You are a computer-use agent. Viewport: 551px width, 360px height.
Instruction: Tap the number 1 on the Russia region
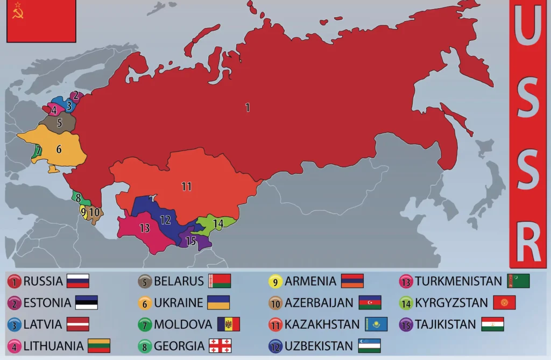[x=248, y=108]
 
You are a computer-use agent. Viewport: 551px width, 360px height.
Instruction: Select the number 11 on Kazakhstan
[x=187, y=187]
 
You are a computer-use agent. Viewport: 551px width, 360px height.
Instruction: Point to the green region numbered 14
[x=217, y=223]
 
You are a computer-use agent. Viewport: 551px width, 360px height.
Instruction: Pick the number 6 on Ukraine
[x=59, y=149]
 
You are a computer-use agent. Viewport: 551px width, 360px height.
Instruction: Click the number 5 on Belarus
[x=59, y=123]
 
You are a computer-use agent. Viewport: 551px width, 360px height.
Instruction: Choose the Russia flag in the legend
[x=78, y=281]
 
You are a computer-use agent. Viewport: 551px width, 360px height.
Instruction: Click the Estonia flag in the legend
[x=87, y=302]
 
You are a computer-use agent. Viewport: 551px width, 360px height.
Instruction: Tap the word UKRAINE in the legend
[x=178, y=302]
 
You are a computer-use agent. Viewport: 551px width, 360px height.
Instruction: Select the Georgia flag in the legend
[x=220, y=345]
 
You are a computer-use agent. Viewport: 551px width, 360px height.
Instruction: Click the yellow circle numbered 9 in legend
[x=275, y=281]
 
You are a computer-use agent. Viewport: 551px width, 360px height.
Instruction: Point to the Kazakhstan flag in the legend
[x=376, y=324]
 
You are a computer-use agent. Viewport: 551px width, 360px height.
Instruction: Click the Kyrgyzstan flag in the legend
[x=504, y=302]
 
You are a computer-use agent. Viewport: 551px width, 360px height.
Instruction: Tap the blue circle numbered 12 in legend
[x=275, y=346]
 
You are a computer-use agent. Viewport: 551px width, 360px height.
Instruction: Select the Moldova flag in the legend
[x=229, y=324]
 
